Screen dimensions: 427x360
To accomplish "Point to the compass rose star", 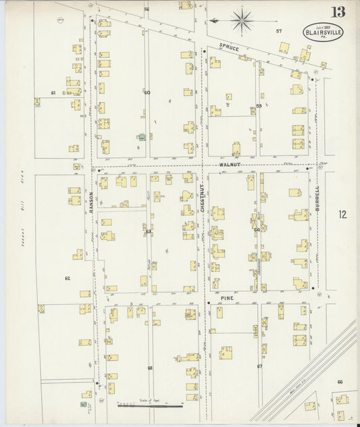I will click(x=241, y=20).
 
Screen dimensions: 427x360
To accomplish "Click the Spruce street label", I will click(x=230, y=47).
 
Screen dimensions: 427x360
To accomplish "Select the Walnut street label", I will click(x=230, y=164).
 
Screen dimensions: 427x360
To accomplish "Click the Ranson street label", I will click(x=92, y=201).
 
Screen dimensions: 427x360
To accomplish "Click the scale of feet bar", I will click(x=150, y=406).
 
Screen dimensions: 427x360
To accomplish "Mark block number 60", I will click(x=147, y=93).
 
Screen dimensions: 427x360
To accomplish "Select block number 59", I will click(x=259, y=106).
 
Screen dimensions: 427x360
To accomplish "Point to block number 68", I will click(x=150, y=368).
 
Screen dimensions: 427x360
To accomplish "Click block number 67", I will click(x=259, y=366).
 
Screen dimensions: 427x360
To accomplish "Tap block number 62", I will click(x=68, y=278).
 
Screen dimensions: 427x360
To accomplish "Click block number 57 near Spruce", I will click(x=278, y=31).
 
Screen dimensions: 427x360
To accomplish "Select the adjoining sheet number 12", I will click(x=342, y=215).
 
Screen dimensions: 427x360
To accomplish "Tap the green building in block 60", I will click(x=142, y=137).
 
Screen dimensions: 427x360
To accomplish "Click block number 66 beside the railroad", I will click(x=340, y=382).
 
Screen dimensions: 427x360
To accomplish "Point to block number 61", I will click(x=53, y=93).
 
